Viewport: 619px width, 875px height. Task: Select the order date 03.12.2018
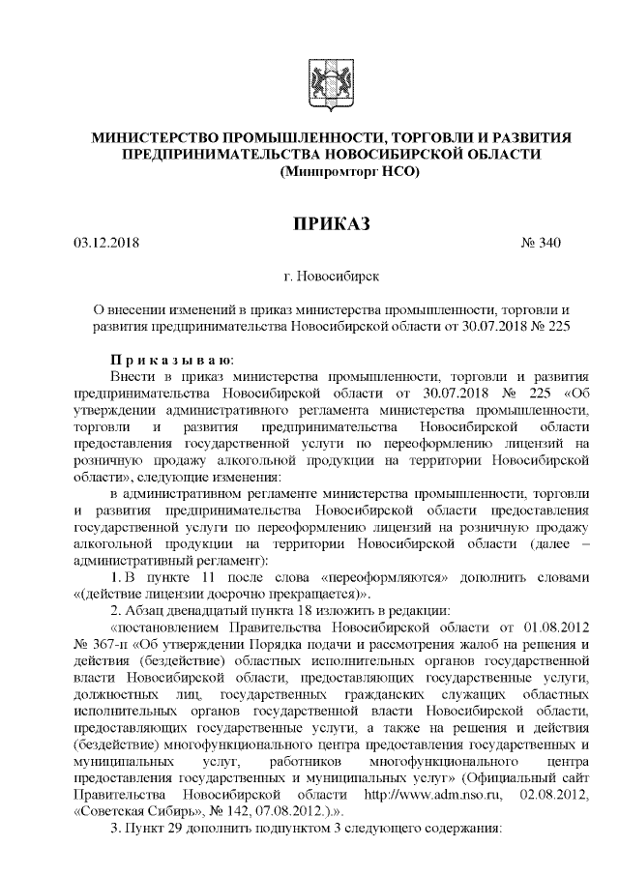coord(106,242)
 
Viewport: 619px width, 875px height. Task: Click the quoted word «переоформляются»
coord(395,577)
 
